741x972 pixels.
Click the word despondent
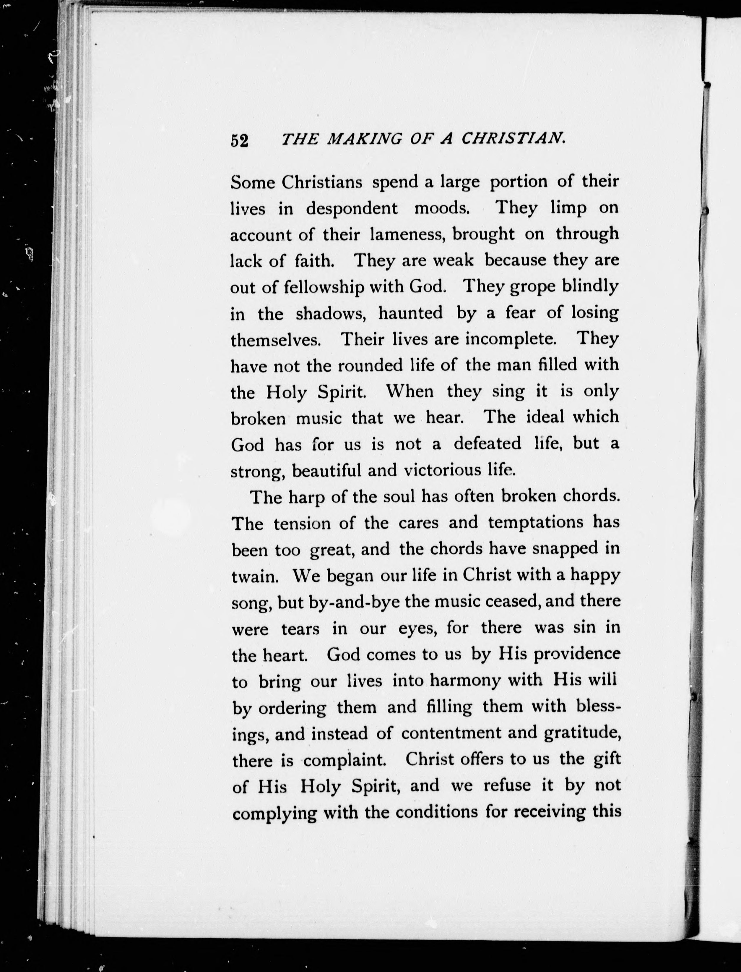point(352,208)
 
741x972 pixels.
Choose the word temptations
point(535,523)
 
